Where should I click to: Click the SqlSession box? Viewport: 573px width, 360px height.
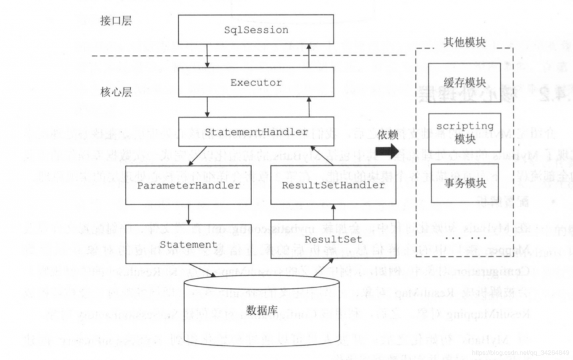(256, 30)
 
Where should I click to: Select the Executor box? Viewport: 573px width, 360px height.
(256, 83)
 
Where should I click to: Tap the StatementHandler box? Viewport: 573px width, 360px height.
(256, 132)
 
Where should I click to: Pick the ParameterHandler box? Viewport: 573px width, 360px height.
(188, 186)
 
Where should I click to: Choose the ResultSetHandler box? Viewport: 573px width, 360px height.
(332, 185)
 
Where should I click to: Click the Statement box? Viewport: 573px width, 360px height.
(188, 244)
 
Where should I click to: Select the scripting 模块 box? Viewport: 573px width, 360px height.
(465, 132)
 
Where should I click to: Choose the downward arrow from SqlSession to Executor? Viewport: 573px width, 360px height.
(207, 56)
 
